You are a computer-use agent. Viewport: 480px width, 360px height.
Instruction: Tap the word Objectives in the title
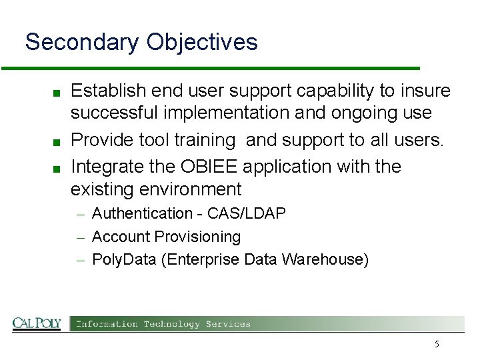[x=202, y=42]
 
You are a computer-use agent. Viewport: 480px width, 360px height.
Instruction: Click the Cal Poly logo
[x=37, y=324]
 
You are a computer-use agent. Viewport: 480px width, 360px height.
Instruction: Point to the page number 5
[x=437, y=344]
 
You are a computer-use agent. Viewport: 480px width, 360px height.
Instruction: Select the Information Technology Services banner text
[x=163, y=324]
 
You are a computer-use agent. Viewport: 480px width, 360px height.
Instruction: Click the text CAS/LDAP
[x=247, y=213]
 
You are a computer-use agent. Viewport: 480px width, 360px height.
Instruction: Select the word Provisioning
[x=197, y=237]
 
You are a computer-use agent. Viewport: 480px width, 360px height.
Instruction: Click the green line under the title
[x=210, y=68]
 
